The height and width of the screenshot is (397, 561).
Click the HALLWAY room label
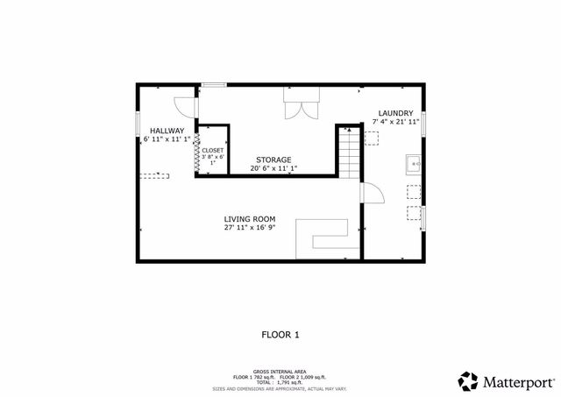click(166, 131)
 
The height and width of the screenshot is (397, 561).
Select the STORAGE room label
click(273, 160)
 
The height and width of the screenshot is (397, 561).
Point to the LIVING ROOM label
click(250, 219)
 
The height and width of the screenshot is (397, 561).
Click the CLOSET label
click(213, 151)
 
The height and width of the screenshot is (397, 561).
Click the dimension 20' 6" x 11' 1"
click(273, 168)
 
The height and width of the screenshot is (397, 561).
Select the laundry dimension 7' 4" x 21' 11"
click(395, 123)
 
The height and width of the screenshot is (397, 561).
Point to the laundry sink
click(414, 163)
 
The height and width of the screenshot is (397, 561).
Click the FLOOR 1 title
click(280, 334)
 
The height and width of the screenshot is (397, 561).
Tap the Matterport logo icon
click(468, 381)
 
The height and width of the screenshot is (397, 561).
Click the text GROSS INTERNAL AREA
click(280, 372)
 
